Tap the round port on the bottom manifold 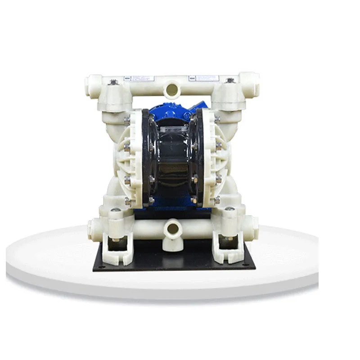171,229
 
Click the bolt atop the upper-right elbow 230,81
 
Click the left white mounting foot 118,250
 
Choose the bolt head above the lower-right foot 229,209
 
